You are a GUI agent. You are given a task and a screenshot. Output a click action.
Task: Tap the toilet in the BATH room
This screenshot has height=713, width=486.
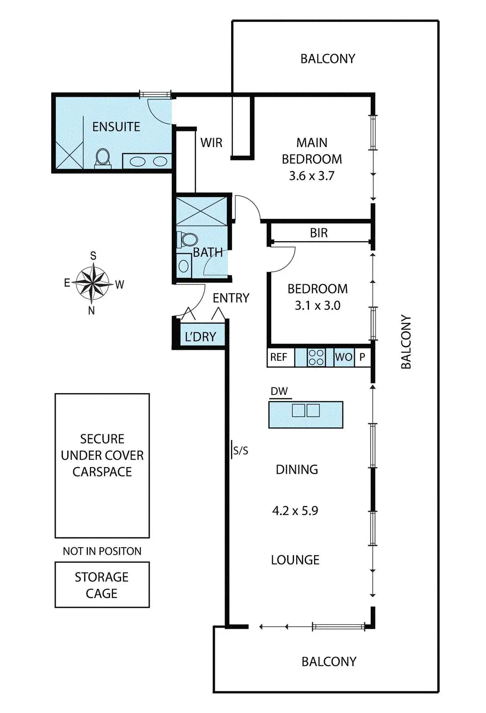188,239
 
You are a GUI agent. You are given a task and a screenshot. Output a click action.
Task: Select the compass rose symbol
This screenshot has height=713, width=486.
92,283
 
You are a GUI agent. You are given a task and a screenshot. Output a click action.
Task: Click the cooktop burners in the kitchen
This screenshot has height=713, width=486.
316,357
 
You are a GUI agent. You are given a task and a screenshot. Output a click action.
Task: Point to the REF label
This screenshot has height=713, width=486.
279,357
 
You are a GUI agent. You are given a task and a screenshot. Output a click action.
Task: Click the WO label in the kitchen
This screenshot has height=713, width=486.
343,357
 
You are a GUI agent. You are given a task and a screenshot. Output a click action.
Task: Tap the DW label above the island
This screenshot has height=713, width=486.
279,391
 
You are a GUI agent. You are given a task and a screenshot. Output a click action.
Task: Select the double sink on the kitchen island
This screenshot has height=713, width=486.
306,410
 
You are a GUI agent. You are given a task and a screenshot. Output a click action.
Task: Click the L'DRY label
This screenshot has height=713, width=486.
200,337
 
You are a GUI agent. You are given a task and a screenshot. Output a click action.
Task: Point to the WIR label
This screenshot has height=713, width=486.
211,143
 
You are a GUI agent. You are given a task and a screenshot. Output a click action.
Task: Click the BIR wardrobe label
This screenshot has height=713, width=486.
319,233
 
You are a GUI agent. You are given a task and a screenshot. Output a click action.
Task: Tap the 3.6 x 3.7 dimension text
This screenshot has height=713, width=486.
311,176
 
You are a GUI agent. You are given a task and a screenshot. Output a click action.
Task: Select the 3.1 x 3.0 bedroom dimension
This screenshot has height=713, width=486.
318,305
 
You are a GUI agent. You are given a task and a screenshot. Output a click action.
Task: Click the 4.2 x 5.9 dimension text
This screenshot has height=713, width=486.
295,510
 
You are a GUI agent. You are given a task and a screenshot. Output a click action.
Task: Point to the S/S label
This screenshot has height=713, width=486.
241,451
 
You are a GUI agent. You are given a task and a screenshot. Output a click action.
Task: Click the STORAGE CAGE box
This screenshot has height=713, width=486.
102,585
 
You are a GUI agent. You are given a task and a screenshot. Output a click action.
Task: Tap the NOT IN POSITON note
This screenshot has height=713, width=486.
102,551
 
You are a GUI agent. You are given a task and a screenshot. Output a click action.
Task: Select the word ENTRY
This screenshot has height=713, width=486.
231,298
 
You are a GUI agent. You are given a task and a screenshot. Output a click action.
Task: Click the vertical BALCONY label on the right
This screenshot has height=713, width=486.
406,342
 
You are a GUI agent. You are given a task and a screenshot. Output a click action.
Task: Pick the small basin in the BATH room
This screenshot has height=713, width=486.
184,266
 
